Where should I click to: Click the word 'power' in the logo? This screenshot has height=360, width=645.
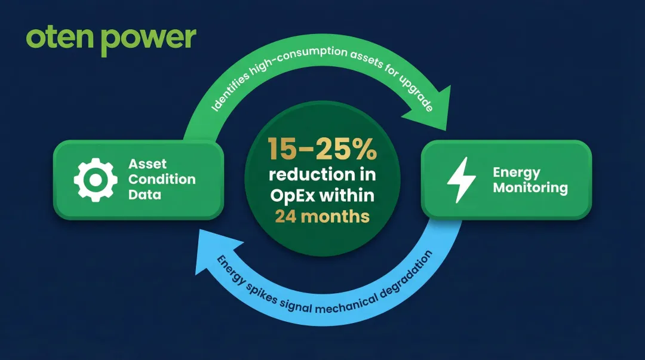[148, 39]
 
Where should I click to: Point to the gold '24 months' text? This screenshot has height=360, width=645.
[322, 216]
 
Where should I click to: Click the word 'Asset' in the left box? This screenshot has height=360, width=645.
[148, 164]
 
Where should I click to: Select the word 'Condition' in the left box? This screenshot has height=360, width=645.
[162, 179]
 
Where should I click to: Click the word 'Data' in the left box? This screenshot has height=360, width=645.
[145, 194]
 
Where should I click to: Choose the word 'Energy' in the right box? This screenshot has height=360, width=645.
[516, 173]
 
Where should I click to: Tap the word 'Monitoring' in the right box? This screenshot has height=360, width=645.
[530, 187]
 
